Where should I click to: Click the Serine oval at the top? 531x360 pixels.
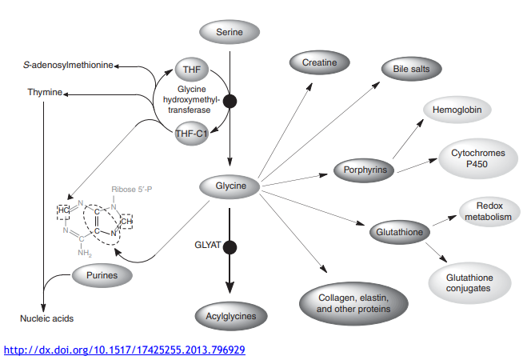[230, 33]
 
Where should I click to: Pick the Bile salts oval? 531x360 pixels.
[411, 69]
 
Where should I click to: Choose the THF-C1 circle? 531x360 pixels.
[192, 133]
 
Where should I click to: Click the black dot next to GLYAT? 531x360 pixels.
[230, 246]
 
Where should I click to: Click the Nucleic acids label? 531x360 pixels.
[46, 318]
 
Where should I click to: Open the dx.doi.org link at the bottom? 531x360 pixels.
[125, 350]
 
